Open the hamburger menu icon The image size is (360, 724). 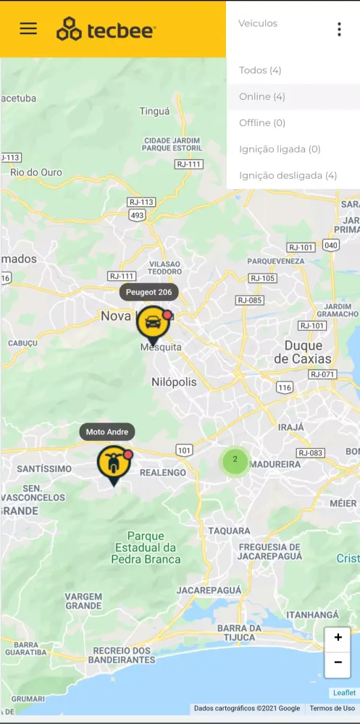click(28, 28)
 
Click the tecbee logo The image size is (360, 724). click(106, 29)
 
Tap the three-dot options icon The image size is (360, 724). click(339, 29)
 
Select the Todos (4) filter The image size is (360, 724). click(260, 70)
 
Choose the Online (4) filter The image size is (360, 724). click(262, 96)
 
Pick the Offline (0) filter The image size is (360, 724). click(262, 123)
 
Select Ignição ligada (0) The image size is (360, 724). click(280, 149)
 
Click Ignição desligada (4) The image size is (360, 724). click(288, 175)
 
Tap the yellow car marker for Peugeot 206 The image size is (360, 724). click(153, 323)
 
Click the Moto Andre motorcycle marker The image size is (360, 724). click(113, 463)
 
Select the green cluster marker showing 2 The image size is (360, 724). click(235, 460)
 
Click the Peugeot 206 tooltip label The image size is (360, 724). click(148, 292)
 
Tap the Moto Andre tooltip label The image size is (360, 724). click(107, 432)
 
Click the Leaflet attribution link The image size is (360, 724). click(344, 693)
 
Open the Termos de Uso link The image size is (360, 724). click(332, 708)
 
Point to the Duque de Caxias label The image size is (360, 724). click(303, 352)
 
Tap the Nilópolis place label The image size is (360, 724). click(174, 382)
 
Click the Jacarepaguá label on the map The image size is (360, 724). click(209, 591)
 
